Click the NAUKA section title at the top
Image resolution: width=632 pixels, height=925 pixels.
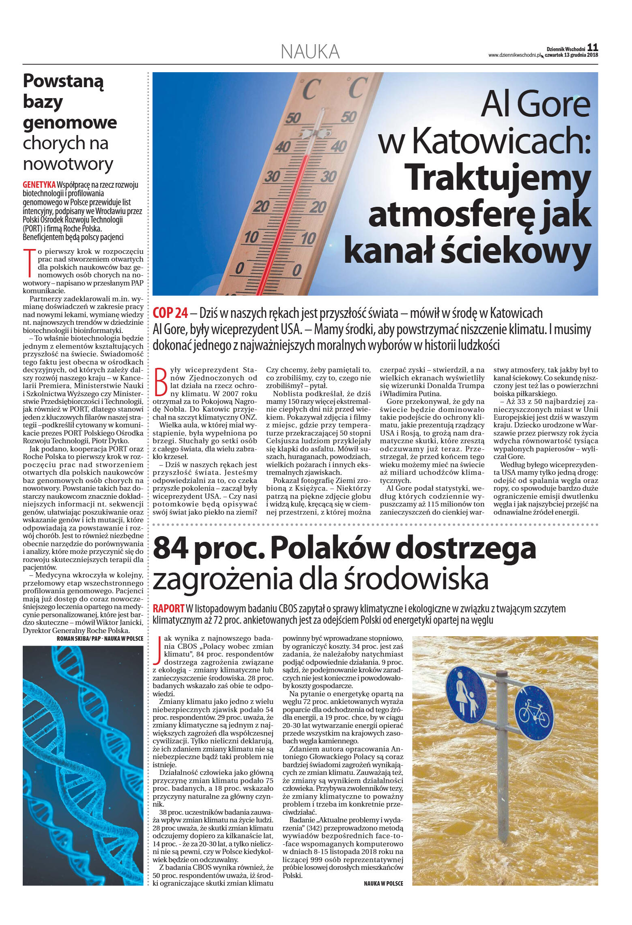point(310,52)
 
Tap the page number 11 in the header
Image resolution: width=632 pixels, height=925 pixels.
point(593,47)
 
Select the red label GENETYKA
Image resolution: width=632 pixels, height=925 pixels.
point(39,185)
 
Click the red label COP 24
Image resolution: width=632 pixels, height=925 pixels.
point(170,313)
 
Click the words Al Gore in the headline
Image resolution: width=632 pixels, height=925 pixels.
point(535,104)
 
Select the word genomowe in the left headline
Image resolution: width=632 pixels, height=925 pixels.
point(70,122)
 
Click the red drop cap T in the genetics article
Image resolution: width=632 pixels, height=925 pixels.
point(28,261)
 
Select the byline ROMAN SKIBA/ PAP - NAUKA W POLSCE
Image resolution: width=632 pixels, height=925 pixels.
point(100,638)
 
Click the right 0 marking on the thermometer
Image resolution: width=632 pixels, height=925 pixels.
point(297,270)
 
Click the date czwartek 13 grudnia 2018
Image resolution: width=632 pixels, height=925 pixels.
point(572,55)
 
